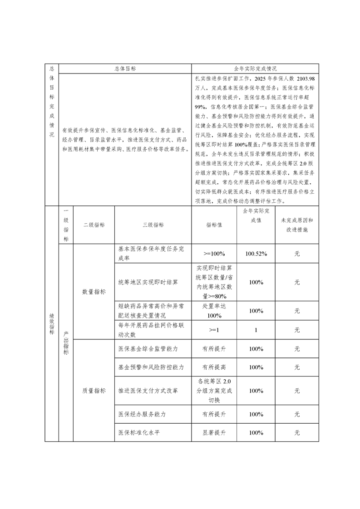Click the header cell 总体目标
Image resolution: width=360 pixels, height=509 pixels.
(125, 69)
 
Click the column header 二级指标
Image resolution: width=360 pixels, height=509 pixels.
(94, 225)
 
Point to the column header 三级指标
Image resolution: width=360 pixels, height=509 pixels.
(153, 225)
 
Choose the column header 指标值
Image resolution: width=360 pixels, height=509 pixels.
(214, 225)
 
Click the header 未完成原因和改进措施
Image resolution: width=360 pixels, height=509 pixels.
(297, 225)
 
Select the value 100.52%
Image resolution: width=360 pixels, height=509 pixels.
(256, 254)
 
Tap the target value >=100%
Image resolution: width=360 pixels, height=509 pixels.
(214, 254)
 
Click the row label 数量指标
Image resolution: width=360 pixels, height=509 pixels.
(94, 292)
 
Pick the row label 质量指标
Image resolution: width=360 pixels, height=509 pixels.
(94, 391)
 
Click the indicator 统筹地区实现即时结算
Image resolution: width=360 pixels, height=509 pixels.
(148, 282)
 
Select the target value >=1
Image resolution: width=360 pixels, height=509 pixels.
(214, 330)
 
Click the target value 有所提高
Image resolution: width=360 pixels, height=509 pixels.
(214, 367)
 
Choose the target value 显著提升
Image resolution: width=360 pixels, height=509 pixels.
(214, 432)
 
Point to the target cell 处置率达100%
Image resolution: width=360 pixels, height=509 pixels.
(214, 311)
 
